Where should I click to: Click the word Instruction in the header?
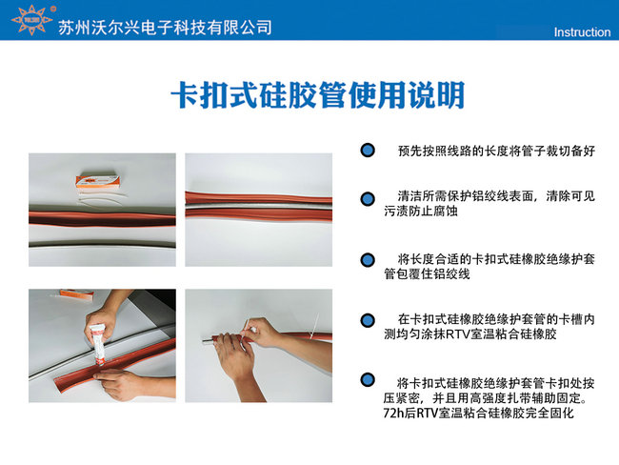(581, 32)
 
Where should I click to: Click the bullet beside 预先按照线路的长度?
(367, 152)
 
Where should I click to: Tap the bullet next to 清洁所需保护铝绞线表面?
(367, 197)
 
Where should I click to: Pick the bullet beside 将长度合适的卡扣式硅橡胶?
(367, 259)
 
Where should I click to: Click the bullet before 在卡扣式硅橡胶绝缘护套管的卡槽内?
(367, 319)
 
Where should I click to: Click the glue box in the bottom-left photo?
(47, 298)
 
